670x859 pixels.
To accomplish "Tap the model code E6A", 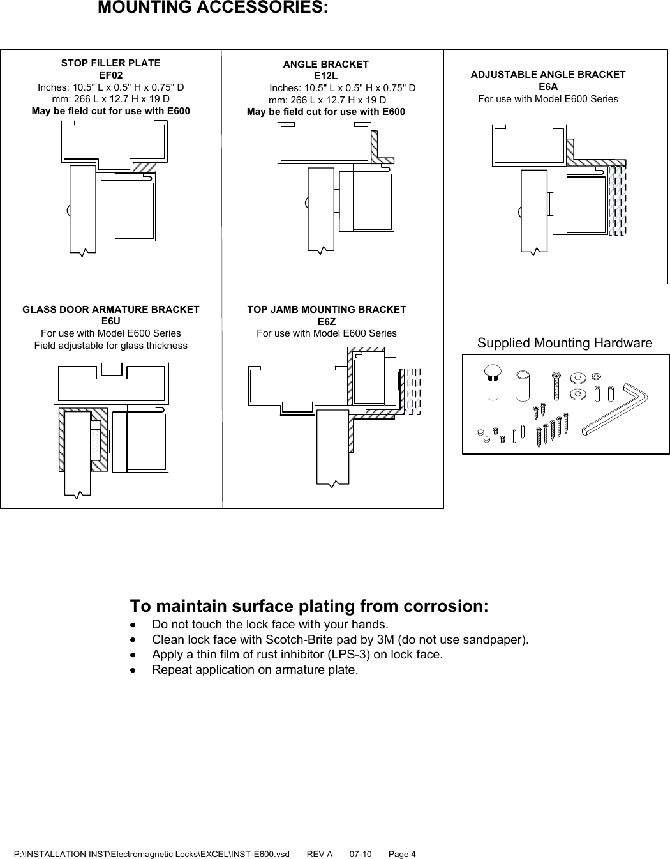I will coord(547,87).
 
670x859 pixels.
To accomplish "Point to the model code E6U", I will coord(110,321).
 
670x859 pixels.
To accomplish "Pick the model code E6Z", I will coord(326,322).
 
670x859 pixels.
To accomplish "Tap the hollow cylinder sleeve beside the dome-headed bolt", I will coord(525,385).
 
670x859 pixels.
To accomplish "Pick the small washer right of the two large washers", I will coord(597,376).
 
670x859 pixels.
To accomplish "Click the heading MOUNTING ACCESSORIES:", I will coord(213,8).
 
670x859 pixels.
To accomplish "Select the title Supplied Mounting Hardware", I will coord(565,344).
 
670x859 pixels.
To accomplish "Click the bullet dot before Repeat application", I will coord(133,670).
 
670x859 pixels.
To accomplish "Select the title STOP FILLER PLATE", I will coord(110,63).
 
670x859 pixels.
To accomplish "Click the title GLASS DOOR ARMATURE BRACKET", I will coord(110,310).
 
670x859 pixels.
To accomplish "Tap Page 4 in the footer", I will coord(402,854).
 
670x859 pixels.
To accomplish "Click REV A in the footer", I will coord(320,854).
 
